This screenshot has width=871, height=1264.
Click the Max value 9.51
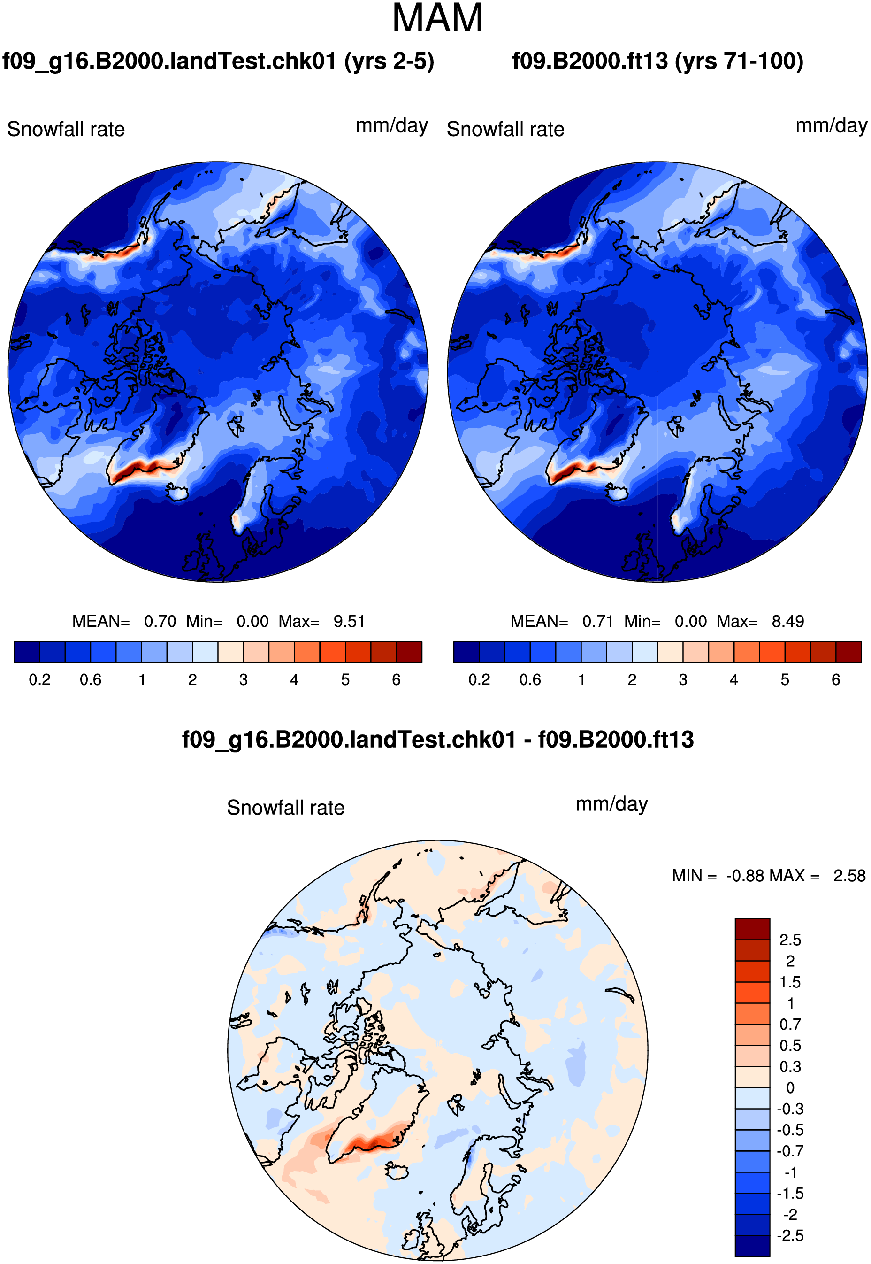[x=349, y=621]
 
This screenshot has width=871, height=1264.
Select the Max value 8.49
[x=787, y=621]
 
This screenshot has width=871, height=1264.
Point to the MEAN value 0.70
[x=160, y=621]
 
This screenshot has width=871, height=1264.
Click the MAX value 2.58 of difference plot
[x=849, y=876]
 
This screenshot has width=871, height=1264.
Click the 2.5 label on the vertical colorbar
[x=790, y=940]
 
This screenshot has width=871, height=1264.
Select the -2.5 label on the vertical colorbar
[x=790, y=1236]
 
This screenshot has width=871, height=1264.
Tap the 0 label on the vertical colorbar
[x=790, y=1087]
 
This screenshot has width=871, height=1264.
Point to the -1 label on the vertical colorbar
[x=790, y=1172]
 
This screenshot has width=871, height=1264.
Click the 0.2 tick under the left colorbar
[x=39, y=680]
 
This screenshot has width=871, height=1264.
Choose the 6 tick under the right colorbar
[x=835, y=680]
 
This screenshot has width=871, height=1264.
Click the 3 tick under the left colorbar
[x=244, y=680]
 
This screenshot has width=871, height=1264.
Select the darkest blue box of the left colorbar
[x=27, y=652]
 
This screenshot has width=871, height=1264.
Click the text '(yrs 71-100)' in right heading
[x=739, y=61]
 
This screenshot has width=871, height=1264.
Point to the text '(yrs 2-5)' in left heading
[x=389, y=61]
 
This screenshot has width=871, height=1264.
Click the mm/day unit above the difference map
[x=612, y=804]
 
